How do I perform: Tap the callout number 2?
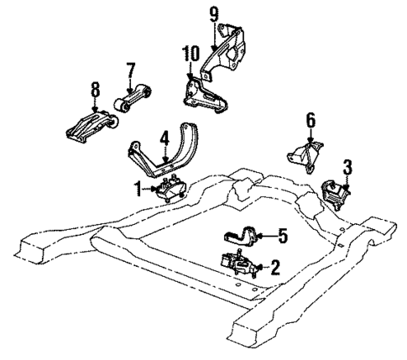273,269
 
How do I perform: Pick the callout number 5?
282,237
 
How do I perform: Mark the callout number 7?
130,68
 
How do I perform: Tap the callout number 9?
213,13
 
